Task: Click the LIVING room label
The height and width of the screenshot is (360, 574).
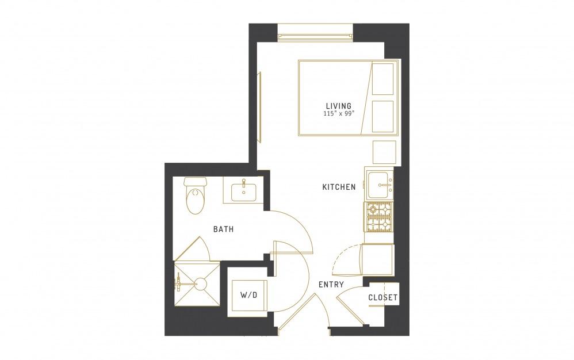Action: (x=339, y=106)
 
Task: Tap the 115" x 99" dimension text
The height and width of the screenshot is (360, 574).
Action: (x=339, y=113)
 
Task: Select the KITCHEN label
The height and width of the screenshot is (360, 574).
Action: (x=339, y=187)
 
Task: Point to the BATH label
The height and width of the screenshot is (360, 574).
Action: (x=223, y=229)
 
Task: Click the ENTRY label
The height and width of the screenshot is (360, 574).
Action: (x=331, y=284)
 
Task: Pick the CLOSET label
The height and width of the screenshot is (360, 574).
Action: (x=382, y=297)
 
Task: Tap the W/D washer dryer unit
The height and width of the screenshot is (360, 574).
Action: (x=248, y=295)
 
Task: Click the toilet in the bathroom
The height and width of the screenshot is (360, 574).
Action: (x=196, y=196)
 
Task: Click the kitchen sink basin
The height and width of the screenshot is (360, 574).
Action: (x=380, y=185)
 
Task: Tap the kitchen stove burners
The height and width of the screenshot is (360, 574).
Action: (x=378, y=217)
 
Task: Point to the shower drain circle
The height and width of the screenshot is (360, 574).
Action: (x=201, y=284)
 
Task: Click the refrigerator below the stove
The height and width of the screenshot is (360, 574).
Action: (x=377, y=259)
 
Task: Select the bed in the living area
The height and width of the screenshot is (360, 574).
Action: (x=348, y=98)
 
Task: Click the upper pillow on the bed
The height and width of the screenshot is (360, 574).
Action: (x=382, y=79)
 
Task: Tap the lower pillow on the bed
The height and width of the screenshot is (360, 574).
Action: (x=382, y=116)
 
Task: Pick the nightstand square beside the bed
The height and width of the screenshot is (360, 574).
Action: (x=384, y=152)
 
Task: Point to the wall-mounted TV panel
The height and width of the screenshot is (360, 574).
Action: (x=260, y=107)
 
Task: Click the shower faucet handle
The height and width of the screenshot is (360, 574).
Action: (x=179, y=284)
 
